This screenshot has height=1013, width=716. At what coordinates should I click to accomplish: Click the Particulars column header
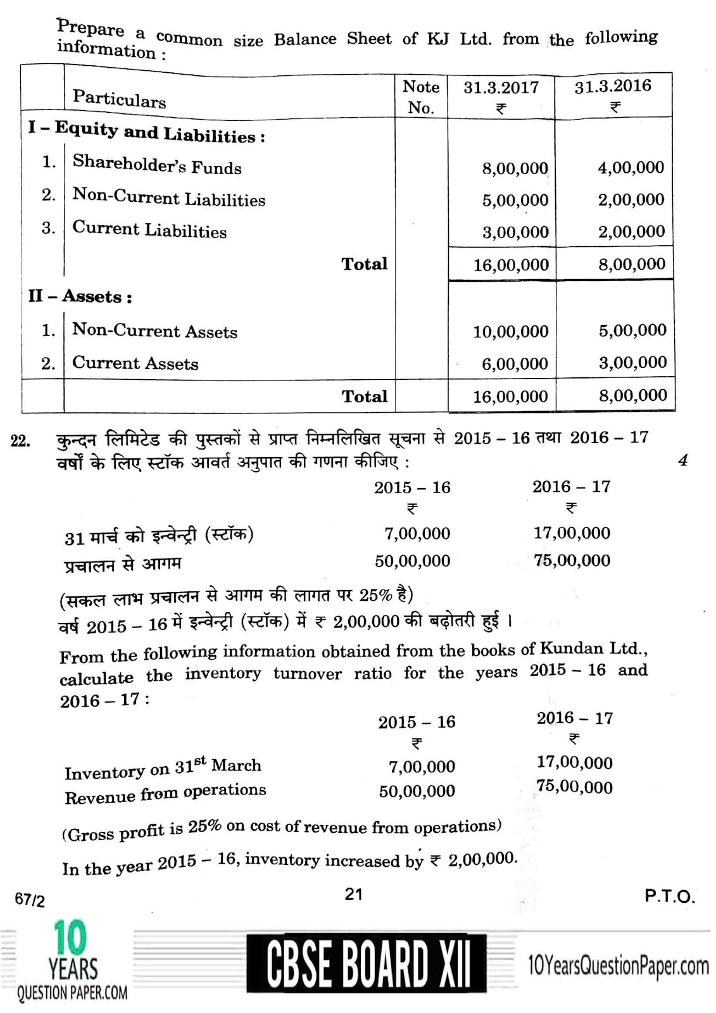pos(119,98)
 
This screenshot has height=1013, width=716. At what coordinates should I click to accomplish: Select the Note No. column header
pos(421,97)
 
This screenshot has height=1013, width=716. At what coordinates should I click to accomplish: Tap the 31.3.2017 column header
pos(501,87)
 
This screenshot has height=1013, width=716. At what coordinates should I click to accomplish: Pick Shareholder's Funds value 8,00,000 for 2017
pos(515,168)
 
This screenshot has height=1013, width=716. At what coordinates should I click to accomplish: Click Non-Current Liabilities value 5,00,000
pos(515,201)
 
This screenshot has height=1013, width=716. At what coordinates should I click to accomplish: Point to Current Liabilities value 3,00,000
pos(515,232)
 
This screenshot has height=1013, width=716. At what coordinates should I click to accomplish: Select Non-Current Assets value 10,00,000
pos(510,331)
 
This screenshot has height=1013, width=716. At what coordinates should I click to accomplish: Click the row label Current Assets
pos(135,363)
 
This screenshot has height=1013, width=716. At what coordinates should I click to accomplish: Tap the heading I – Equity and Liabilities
pos(146,132)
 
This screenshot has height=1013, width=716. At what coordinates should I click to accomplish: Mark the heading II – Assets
pos(80,296)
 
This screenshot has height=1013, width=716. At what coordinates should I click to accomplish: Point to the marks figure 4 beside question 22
pos(682,460)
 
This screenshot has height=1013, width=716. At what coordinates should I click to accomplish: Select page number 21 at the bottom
pos(353,893)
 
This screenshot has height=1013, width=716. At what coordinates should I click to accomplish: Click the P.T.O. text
pos(669,896)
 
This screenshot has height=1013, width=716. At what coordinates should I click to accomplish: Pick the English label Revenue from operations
pos(165,793)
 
